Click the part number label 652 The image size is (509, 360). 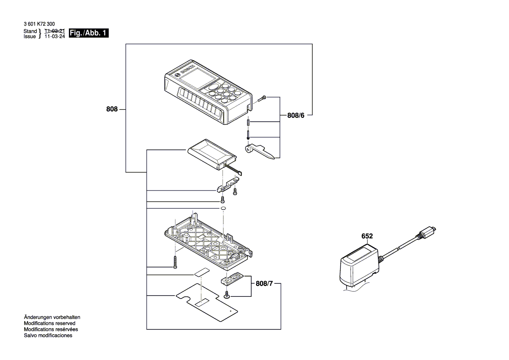click(x=367, y=236)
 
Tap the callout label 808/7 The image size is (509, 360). click(x=264, y=284)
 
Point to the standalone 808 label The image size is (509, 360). click(x=112, y=109)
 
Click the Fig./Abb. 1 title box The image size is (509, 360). click(x=89, y=33)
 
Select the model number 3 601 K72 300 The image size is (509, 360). click(x=39, y=24)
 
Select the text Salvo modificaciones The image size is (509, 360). click(x=48, y=335)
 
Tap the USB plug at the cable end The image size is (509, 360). click(x=428, y=231)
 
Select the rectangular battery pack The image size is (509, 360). click(x=212, y=155)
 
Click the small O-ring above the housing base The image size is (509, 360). click(x=222, y=209)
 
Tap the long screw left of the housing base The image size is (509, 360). click(x=175, y=262)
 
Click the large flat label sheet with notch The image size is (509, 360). click(x=207, y=301)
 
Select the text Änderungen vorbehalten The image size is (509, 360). click(x=52, y=317)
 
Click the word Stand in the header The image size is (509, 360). click(x=30, y=31)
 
